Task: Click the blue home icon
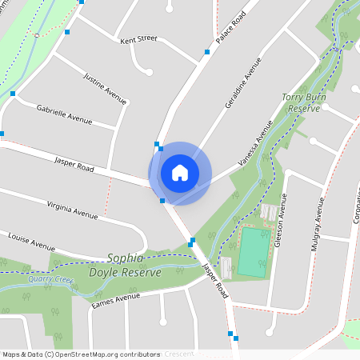click(x=180, y=173)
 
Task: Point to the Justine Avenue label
click(x=106, y=88)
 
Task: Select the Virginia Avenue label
click(x=72, y=210)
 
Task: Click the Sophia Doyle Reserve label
click(x=134, y=266)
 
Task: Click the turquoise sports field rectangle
click(x=252, y=252)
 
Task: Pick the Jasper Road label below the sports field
click(x=215, y=282)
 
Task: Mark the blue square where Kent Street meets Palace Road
click(x=206, y=52)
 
